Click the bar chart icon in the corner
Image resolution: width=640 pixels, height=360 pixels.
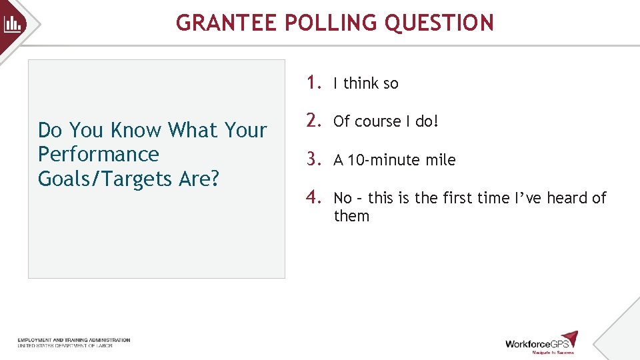(13, 25)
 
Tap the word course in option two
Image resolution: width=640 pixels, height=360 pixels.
(377, 121)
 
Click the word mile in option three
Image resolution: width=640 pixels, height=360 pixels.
(441, 160)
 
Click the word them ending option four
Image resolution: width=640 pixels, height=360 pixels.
(351, 216)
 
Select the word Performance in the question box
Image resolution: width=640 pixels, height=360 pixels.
(99, 154)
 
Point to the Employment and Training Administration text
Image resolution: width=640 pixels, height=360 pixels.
(74, 340)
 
